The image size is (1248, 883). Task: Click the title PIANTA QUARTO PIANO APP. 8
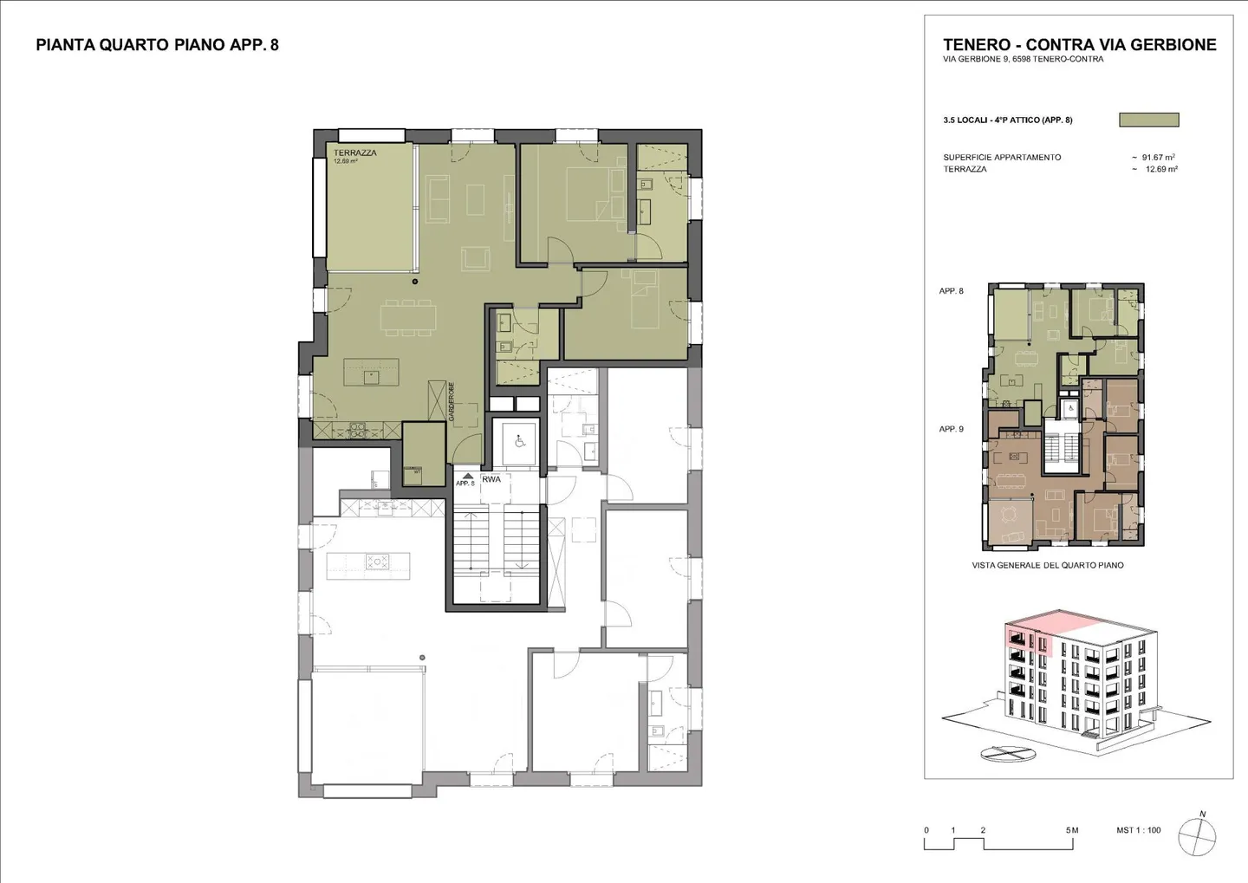(x=157, y=45)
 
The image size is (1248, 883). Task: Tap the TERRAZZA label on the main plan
(x=354, y=153)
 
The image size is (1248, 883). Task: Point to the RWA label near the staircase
(x=491, y=479)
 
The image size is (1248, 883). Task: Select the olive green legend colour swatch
(x=1148, y=120)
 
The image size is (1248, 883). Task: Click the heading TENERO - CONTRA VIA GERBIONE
(x=1079, y=45)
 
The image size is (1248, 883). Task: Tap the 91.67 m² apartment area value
(x=1158, y=158)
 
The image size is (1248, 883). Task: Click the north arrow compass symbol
(x=1197, y=836)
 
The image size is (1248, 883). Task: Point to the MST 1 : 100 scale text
(x=1138, y=830)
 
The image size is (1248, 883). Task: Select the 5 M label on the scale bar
(x=1072, y=830)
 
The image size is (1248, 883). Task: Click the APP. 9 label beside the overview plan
(x=951, y=429)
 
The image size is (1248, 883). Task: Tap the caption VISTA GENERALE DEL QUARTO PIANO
(x=1048, y=565)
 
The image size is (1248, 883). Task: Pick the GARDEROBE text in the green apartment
(x=452, y=402)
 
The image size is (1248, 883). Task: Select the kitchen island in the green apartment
(x=371, y=373)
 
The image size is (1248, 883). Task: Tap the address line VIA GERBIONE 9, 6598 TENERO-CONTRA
(x=1023, y=60)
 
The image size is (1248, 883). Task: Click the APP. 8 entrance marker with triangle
(x=465, y=480)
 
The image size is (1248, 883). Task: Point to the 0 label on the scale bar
(x=926, y=830)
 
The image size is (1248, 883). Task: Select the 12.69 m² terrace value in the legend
(x=1160, y=170)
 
